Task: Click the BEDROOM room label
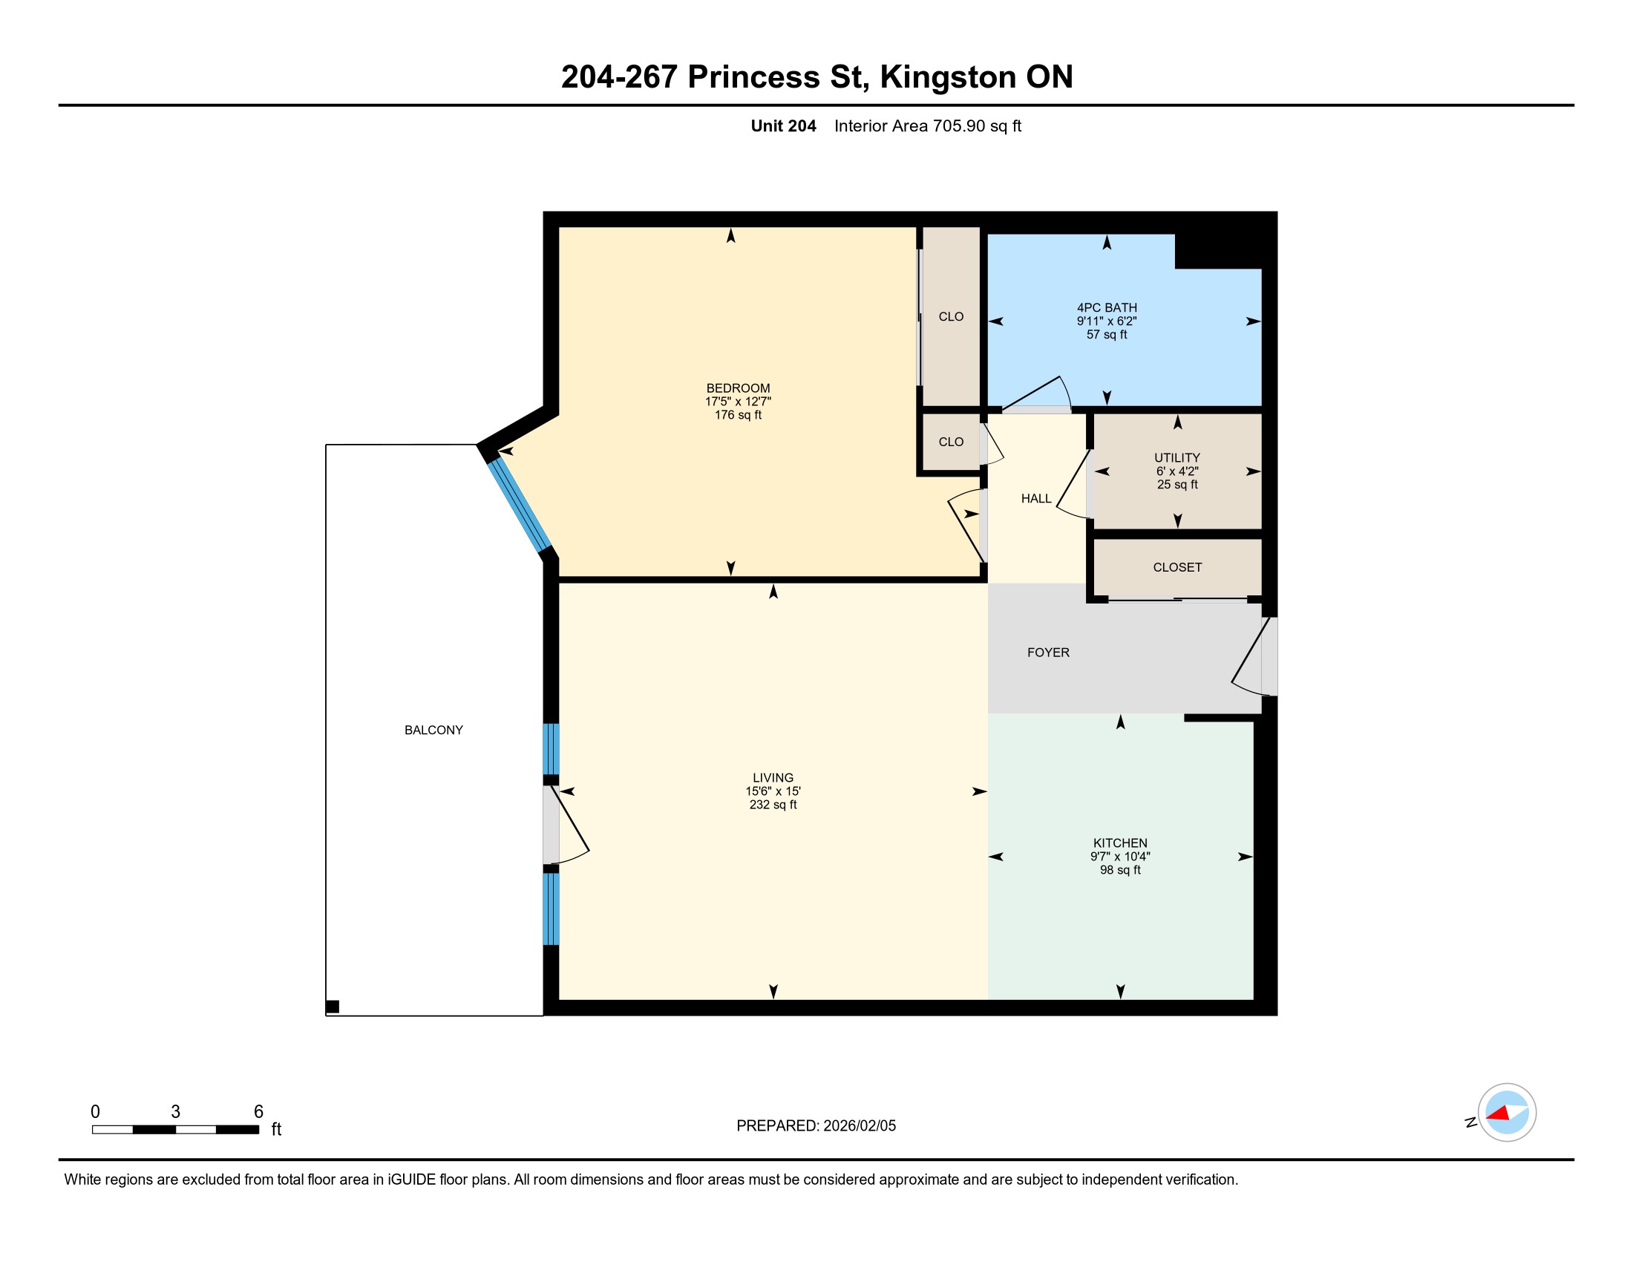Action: [738, 388]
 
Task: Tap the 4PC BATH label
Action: [1107, 307]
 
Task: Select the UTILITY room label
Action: [1177, 457]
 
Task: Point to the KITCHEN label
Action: [1120, 843]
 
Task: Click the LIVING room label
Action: [773, 777]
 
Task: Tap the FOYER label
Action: [1048, 653]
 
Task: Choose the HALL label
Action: [1036, 499]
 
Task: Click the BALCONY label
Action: [433, 730]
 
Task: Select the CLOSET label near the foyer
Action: [1178, 567]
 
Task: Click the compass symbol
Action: [1507, 1113]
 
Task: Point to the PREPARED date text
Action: [816, 1126]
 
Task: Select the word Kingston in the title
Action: [948, 77]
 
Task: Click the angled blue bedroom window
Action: [520, 505]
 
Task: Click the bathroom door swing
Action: [1036, 393]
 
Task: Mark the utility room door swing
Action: [1073, 484]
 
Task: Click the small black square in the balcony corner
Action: [333, 1007]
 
